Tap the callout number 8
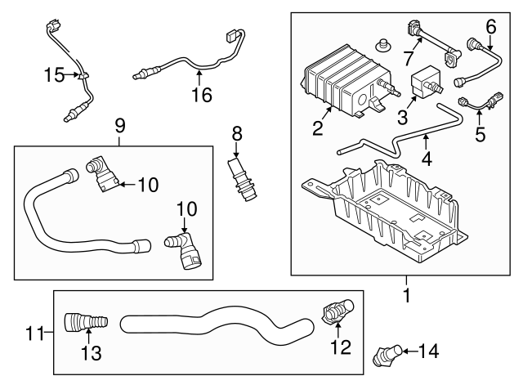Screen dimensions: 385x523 coord(236,132)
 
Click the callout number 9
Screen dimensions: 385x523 coord(120,126)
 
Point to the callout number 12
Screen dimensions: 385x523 coord(340,346)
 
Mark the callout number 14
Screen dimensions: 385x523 coord(427,351)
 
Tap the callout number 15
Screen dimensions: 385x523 coord(53,76)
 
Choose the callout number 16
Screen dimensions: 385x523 coord(201,95)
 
